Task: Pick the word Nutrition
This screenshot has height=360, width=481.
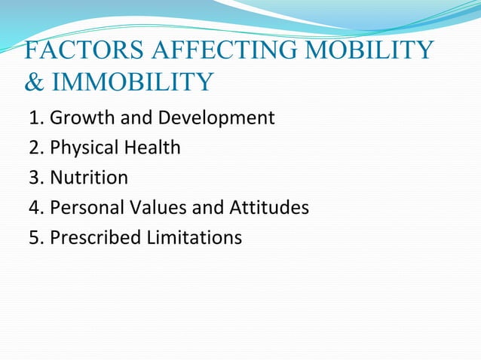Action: (x=88, y=178)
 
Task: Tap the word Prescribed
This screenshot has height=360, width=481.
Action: (x=92, y=237)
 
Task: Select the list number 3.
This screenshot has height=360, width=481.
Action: (x=35, y=178)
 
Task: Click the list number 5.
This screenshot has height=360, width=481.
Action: (x=35, y=237)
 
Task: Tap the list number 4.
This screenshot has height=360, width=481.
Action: (x=35, y=207)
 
